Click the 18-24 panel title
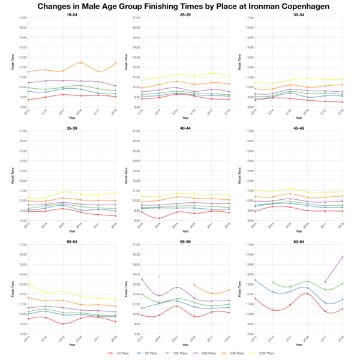[72, 14]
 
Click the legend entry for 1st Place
[116, 353]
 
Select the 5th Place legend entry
[145, 353]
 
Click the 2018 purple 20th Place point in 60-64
[342, 257]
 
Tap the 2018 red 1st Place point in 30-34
[342, 102]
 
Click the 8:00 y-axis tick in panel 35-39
[22, 220]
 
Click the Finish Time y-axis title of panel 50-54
[13, 289]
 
